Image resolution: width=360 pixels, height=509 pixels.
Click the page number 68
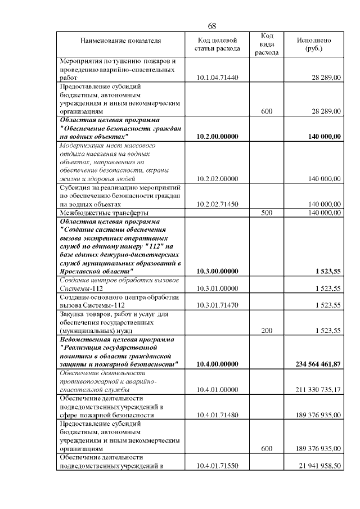tap(212, 26)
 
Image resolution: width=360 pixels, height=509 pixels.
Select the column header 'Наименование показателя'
tap(121, 40)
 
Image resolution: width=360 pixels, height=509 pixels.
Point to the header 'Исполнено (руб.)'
tap(313, 44)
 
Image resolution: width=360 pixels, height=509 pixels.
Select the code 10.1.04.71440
tap(218, 77)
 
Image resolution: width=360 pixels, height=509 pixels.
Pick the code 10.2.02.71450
tap(218, 204)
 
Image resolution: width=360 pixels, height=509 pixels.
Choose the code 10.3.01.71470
tap(218, 305)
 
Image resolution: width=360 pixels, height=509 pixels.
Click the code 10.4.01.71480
tap(218, 415)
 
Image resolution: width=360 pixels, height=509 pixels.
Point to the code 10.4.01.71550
tap(218, 466)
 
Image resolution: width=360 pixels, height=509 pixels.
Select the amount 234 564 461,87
tap(318, 364)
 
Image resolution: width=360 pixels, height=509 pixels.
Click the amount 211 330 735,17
tap(318, 390)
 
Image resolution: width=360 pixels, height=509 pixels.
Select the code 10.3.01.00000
tap(218, 289)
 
